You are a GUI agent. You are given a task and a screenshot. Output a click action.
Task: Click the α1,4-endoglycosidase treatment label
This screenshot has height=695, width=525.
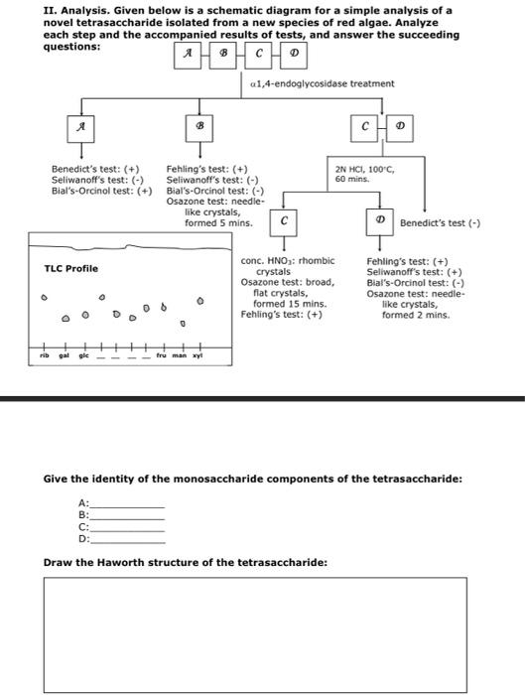tap(323, 83)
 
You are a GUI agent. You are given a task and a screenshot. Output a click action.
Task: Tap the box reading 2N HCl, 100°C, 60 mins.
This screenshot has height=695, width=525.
tap(365, 174)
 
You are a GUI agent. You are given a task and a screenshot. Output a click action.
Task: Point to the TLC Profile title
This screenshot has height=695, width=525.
tap(70, 268)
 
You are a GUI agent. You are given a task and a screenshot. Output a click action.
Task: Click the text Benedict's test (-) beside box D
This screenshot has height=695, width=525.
tap(440, 223)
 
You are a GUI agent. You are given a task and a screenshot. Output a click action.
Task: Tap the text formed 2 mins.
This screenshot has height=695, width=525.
tap(415, 315)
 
